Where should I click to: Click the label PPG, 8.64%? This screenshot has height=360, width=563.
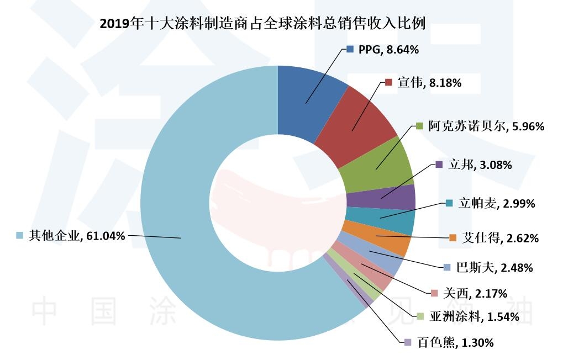coord(388,49)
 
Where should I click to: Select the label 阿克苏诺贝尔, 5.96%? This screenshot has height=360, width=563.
coord(486,126)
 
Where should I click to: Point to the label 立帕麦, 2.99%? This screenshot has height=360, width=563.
coord(496,203)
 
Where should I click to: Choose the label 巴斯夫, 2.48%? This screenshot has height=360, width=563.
coord(494,268)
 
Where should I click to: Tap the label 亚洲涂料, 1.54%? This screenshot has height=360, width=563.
coord(473,316)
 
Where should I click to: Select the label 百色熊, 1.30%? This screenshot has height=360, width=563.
coord(455,342)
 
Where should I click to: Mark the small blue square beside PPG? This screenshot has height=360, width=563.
coord(350,49)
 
